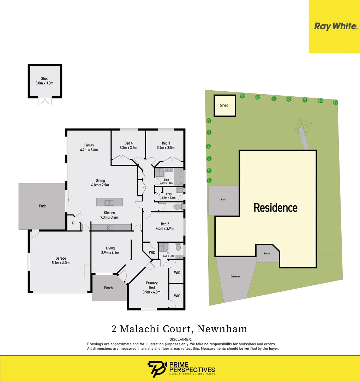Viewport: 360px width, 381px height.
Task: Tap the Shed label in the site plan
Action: tap(224, 105)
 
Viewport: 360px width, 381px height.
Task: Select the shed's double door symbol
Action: tap(45, 101)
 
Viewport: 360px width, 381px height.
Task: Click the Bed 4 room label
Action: tap(128, 143)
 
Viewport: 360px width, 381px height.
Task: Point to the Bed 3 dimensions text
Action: tap(166, 148)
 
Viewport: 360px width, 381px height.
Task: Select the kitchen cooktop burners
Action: tap(110, 228)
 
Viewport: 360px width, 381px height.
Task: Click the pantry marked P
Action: tap(73, 223)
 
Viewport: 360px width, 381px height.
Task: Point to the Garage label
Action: tap(61, 258)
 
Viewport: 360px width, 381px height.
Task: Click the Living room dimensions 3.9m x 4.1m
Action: tap(110, 253)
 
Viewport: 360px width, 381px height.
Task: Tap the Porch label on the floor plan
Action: tap(108, 288)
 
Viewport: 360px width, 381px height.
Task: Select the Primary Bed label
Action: tap(152, 285)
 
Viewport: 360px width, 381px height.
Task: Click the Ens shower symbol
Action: tap(163, 246)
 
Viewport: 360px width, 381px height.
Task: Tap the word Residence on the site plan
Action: tap(276, 207)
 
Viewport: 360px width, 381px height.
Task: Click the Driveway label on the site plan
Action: tap(235, 277)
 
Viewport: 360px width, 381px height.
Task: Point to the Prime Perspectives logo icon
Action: tap(154, 369)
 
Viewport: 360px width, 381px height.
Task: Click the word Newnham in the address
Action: tap(222, 329)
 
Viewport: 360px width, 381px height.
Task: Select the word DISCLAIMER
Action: tap(180, 339)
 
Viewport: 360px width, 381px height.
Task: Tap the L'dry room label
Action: tap(168, 194)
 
